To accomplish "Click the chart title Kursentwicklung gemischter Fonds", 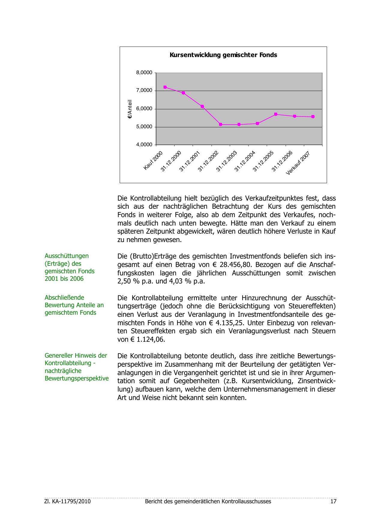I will coord(223,55).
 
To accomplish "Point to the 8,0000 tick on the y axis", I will coord(144,73).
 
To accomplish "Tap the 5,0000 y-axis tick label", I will coord(144,127).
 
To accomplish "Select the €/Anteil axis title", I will coord(130,109).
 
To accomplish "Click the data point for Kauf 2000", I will coord(165,87).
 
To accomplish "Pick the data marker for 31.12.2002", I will coord(220,124).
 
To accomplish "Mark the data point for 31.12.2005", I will coord(276,114).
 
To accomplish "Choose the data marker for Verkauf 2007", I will coord(313,117).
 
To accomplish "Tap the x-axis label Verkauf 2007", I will coord(298,163).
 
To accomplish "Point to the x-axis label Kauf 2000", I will coord(153,161).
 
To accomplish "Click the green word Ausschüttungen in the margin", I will coord(67,256).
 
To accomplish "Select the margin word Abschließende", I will coord(64,298).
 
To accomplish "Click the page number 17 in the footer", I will coord(333,501).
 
